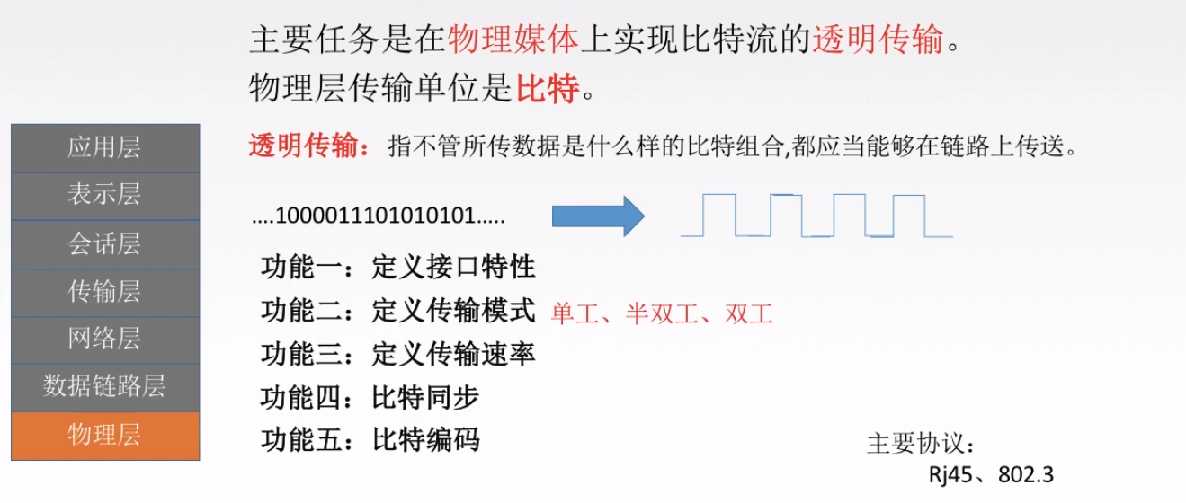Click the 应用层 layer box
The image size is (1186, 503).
[104, 148]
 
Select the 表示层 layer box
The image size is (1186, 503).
[104, 196]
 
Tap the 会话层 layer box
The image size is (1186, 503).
[104, 244]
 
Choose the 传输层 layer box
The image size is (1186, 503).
[104, 292]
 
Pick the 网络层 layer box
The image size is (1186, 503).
[104, 340]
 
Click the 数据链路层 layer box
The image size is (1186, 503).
[104, 387]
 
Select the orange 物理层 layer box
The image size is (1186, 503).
[104, 436]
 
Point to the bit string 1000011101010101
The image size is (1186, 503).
[379, 217]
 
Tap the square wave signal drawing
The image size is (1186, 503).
[816, 216]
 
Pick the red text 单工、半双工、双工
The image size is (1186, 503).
[662, 313]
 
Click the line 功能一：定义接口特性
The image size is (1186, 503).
[397, 267]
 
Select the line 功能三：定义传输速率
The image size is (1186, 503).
[397, 354]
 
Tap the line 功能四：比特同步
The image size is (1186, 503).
[370, 397]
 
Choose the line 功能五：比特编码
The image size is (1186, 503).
[370, 440]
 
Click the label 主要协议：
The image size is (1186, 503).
[921, 445]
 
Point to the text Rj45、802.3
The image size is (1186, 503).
[991, 475]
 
